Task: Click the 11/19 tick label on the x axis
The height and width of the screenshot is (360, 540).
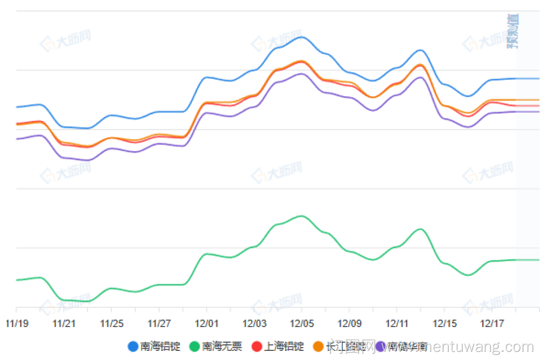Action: pos(16,324)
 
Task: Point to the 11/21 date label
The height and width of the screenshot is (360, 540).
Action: pos(64,324)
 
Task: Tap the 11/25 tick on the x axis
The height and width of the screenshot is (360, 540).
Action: pos(111,324)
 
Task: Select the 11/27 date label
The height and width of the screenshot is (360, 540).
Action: pos(159,324)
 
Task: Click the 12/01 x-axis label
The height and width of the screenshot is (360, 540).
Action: pos(206,324)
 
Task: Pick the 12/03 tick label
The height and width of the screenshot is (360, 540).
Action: pos(254,324)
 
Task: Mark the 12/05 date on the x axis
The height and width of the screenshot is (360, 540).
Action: pos(301,324)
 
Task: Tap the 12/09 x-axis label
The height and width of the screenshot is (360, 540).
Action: pos(349,324)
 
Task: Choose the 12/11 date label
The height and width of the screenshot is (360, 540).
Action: pos(396,324)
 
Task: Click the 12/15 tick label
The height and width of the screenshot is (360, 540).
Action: pos(444,324)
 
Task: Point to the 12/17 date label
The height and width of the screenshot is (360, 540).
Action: pos(491,324)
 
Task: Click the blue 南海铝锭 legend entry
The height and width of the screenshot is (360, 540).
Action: pos(154,347)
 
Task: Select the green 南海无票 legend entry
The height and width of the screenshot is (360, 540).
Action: pos(216,347)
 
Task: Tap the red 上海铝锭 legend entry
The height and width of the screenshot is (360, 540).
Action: pos(278,347)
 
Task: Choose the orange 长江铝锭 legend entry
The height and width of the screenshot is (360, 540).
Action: pos(340,347)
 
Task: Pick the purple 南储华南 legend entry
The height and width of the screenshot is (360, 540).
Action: pos(402,347)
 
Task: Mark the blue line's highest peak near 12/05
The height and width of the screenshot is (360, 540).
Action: pos(301,37)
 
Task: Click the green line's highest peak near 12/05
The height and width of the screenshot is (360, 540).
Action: pos(301,216)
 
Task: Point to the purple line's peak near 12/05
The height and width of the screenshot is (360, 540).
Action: pos(301,73)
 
